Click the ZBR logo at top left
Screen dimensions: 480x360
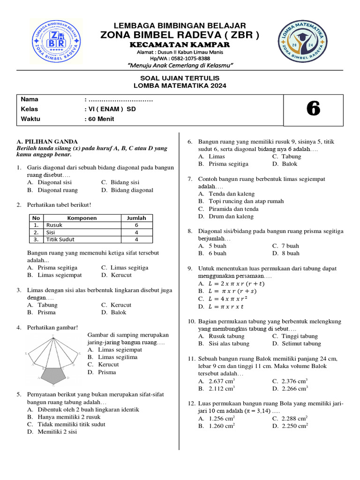pos(56,41)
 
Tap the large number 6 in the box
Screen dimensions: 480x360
pos(313,109)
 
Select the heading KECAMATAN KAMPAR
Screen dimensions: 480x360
pos(180,45)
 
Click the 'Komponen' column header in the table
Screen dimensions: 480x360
pos(82,217)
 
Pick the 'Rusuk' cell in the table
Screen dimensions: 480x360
pos(54,225)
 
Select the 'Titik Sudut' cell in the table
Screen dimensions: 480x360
pos(60,239)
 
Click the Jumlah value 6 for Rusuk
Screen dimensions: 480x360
pos(136,225)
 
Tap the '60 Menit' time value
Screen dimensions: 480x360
pos(99,119)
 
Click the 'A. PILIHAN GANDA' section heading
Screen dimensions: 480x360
pos(47,142)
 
